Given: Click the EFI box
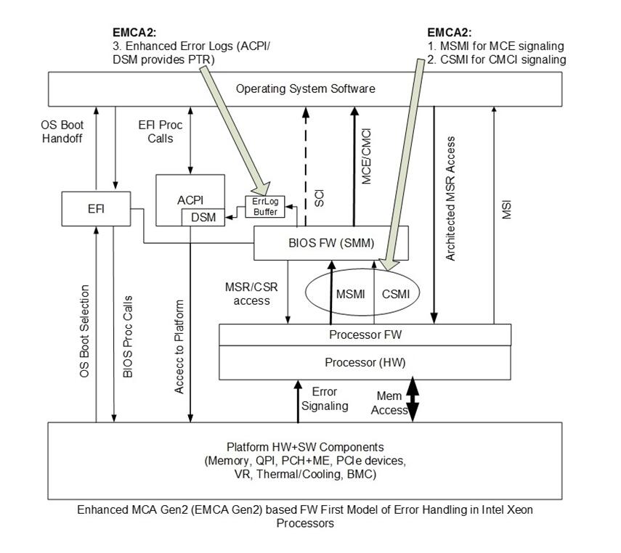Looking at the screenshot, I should tap(96, 208).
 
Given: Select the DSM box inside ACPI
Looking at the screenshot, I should tap(203, 217).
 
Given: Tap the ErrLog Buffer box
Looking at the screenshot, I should tap(264, 206).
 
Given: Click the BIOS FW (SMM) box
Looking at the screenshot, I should tap(330, 243).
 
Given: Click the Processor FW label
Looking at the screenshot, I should tap(365, 335).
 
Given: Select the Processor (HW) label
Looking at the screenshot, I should tap(365, 361).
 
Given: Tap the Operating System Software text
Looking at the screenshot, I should tap(305, 89).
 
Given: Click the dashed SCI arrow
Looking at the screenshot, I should tap(306, 167).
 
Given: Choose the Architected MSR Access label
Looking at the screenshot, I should tap(451, 198).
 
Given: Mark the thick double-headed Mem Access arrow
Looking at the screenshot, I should tap(413, 399).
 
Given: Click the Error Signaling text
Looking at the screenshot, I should tap(325, 399).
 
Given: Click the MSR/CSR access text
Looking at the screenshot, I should tap(251, 293).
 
